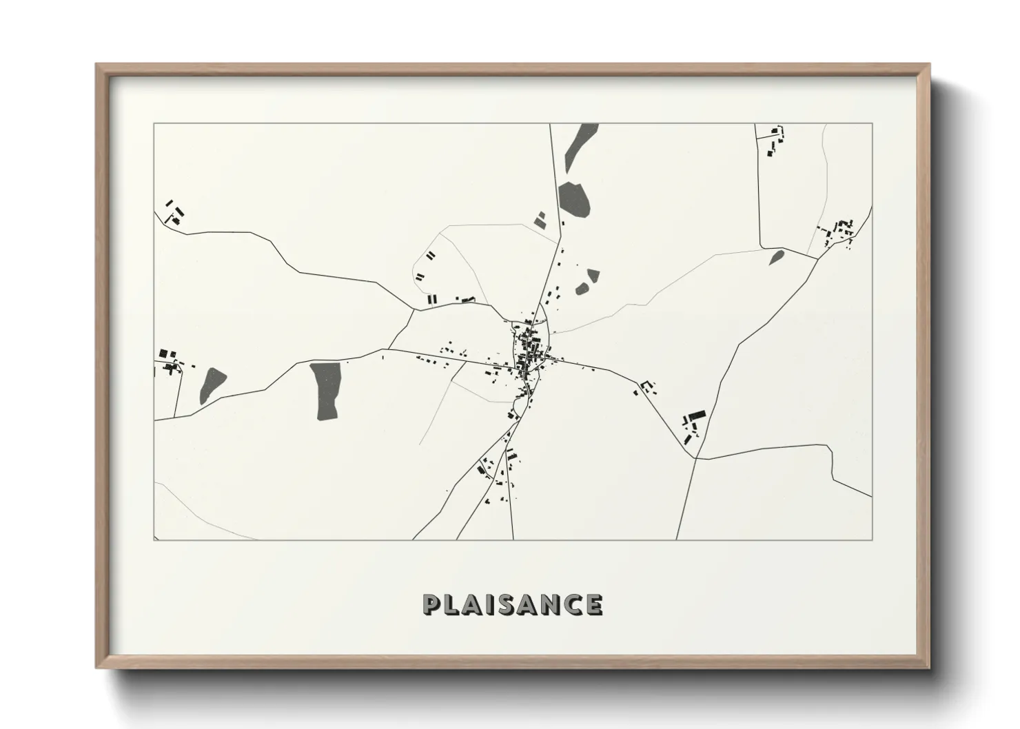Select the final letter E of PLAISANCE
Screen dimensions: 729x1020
point(593,604)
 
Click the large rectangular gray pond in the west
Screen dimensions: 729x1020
point(326,391)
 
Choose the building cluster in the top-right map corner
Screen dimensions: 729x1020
point(775,141)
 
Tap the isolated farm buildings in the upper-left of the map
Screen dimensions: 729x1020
point(174,212)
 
